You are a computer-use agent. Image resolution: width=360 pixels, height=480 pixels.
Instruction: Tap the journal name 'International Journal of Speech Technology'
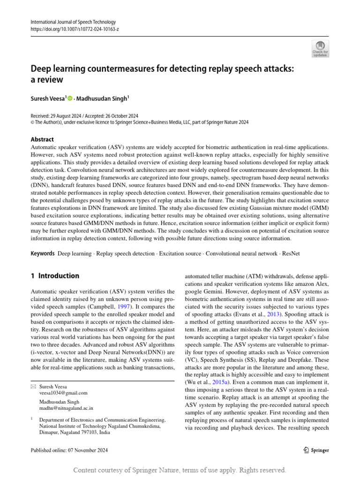[73, 22]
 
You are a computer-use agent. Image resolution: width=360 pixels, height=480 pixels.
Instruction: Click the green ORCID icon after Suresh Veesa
[71, 98]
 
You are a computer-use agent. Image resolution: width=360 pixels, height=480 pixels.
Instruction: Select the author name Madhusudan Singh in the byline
[103, 98]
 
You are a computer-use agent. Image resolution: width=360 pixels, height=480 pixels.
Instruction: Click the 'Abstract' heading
[42, 139]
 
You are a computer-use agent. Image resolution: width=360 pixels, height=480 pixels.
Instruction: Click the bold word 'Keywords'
[42, 253]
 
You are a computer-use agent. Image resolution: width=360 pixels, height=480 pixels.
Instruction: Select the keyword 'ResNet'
[291, 253]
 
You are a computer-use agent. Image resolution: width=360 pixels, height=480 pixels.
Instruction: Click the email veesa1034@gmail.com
[63, 393]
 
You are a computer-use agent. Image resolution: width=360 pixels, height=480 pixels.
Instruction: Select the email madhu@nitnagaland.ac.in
[66, 408]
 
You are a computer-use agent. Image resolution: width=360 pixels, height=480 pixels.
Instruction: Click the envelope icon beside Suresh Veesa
[33, 386]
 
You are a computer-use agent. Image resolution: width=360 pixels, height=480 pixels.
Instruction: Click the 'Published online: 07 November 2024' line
[69, 450]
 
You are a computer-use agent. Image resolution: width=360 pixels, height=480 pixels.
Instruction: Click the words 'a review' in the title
[47, 80]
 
